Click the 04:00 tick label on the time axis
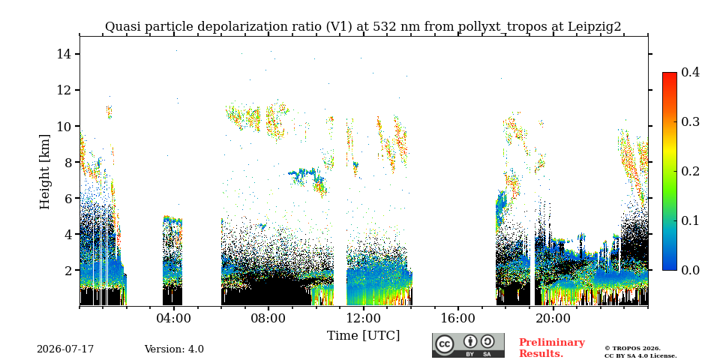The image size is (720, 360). pos(173,318)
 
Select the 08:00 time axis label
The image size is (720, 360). pos(268,318)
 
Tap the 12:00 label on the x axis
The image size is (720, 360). pos(363,318)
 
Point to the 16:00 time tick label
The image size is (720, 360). pos(458,318)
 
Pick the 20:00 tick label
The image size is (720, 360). pos(553,318)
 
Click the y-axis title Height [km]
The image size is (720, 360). pos(44,172)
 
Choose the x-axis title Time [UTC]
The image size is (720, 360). pos(363,336)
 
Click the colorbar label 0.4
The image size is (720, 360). pos(690,72)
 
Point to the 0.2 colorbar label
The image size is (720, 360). pos(690,171)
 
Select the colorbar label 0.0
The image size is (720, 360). pos(690,270)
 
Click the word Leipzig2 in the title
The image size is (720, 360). pos(595,27)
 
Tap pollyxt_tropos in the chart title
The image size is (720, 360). pos(502,27)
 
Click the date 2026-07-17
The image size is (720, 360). pos(65,349)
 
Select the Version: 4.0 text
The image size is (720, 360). pos(174,349)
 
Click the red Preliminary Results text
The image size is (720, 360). pos(552,347)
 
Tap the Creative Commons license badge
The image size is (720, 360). pos(468,345)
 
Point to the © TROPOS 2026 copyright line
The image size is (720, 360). pos(633,349)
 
